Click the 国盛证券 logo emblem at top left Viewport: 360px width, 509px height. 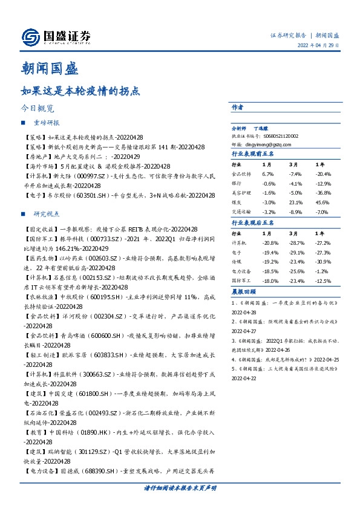pos(30,37)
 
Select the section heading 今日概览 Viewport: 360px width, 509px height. pos(38,109)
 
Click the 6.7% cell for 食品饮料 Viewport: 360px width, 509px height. pos(268,173)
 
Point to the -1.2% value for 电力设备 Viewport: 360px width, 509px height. pos(322,271)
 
